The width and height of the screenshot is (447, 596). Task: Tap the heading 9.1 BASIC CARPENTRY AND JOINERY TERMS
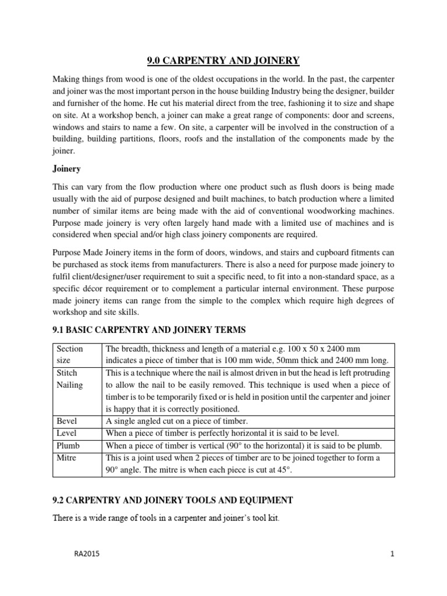coord(149,330)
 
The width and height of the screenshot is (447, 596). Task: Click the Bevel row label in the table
coord(67,421)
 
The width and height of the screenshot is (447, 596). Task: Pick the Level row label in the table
coord(67,434)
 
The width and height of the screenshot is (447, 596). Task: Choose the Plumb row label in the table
coord(69,446)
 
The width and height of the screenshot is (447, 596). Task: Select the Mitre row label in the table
coord(67,458)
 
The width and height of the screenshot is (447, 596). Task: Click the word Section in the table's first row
coord(70,349)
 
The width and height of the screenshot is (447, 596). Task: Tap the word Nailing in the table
coord(70,385)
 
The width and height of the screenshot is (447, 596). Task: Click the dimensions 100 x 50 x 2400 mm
coord(312,349)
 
